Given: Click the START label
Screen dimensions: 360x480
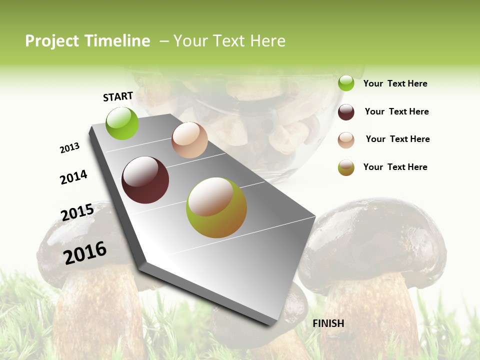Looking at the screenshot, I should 118,96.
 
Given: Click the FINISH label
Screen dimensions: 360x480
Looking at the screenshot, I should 328,323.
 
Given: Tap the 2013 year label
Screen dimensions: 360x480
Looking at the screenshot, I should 69,148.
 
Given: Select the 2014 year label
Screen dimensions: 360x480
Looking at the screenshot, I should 74,177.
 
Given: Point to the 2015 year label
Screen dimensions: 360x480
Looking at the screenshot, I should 77,212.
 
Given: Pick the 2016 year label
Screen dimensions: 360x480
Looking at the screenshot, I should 85,252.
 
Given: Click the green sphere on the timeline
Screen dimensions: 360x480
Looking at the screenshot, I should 122,123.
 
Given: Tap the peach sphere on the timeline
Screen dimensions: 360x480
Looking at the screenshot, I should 189,140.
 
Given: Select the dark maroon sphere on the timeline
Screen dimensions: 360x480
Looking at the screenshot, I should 145,180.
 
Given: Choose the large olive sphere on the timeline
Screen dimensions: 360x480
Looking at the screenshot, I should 216,207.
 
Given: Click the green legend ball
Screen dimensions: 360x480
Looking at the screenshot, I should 346,83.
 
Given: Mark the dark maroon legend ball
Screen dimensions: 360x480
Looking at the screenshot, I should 346,112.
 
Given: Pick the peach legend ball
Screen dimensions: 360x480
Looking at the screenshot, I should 346,140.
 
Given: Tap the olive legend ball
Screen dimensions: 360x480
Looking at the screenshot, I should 346,167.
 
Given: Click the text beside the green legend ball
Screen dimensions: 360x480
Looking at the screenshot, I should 395,84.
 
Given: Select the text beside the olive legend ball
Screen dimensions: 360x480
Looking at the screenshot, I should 395,167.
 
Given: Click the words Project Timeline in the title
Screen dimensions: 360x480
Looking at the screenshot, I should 87,41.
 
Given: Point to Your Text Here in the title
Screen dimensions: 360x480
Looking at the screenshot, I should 229,41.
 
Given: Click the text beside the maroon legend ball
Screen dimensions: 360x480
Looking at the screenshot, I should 397,111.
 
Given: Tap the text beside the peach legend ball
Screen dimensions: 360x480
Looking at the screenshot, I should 398,139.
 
